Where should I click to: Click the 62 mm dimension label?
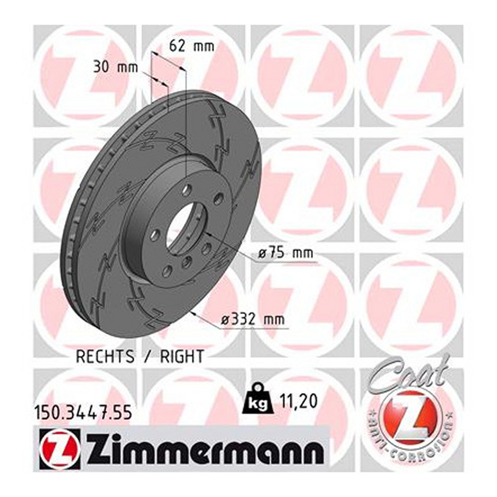pos(191,46)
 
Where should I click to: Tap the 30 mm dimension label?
pos(116,68)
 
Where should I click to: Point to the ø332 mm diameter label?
pos(253,320)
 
